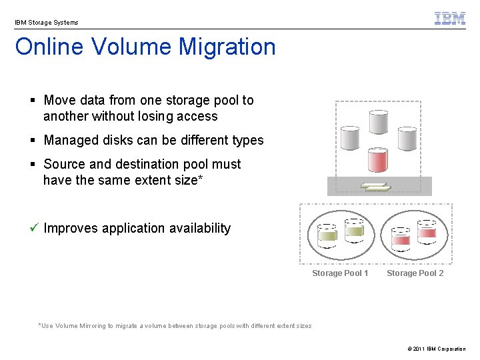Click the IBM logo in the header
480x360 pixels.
point(450,19)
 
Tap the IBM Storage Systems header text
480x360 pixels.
point(47,23)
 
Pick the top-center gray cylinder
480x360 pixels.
point(378,122)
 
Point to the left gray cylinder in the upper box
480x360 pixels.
point(350,138)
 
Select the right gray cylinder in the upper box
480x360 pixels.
point(407,138)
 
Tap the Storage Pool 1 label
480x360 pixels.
point(340,273)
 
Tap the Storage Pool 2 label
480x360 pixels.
point(415,273)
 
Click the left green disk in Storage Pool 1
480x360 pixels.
point(327,235)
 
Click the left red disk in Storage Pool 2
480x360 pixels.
point(401,238)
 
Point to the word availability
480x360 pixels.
point(199,229)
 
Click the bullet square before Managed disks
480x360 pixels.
point(33,141)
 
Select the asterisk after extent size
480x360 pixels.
point(200,179)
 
